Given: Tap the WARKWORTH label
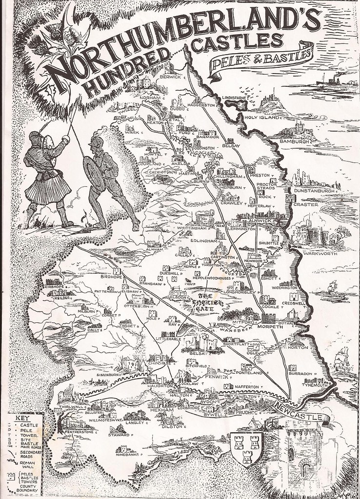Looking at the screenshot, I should (x=317, y=254).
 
